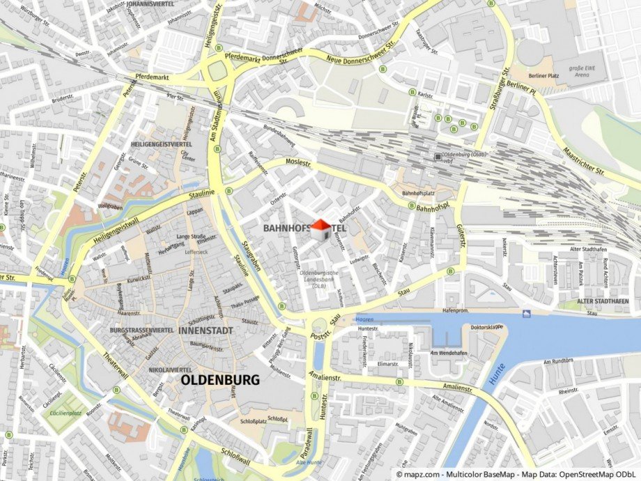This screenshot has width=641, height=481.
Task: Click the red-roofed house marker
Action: [x=320, y=229]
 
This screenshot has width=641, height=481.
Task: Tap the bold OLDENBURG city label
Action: [x=219, y=380]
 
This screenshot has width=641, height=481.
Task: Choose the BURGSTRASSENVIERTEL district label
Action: [x=141, y=329]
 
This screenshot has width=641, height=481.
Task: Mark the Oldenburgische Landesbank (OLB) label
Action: [x=318, y=279]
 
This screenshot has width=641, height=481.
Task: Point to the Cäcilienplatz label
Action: [x=65, y=413]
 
